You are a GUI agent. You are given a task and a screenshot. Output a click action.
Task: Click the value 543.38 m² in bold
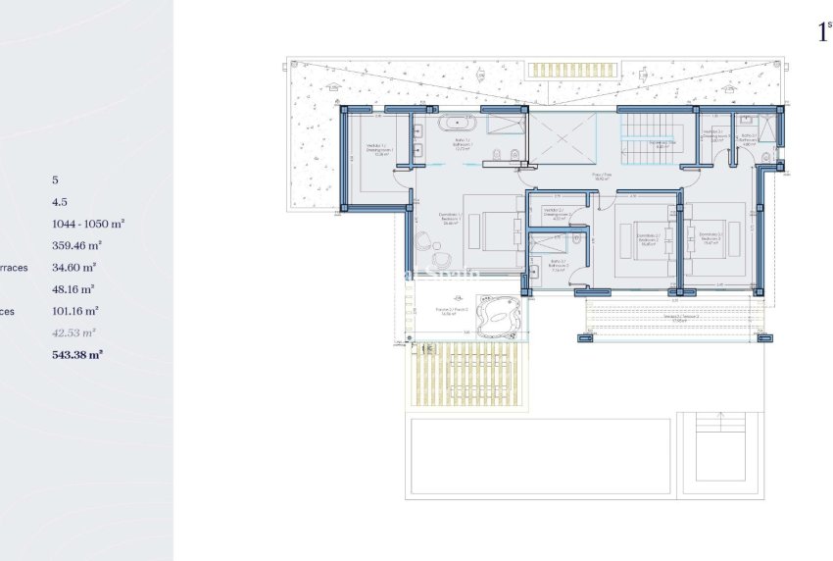pos(76,355)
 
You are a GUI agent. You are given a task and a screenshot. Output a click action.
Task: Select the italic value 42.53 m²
pos(74,333)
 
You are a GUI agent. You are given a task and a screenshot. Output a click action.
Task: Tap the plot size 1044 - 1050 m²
pos(88,224)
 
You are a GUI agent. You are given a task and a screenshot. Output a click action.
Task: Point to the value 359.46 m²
pos(76,246)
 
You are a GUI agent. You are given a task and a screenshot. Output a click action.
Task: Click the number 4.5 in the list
pos(60,202)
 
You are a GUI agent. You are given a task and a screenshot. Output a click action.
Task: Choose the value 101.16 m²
pos(76,311)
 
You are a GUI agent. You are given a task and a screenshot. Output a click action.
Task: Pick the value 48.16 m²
pos(73,289)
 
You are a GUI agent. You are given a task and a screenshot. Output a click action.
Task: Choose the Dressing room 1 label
pos(376,149)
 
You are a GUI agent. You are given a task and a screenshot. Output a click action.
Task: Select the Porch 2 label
pos(452,311)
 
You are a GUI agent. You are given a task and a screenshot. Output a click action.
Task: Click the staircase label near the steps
pos(663,143)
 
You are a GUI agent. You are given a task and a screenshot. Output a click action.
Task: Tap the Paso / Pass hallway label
pos(602,177)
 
